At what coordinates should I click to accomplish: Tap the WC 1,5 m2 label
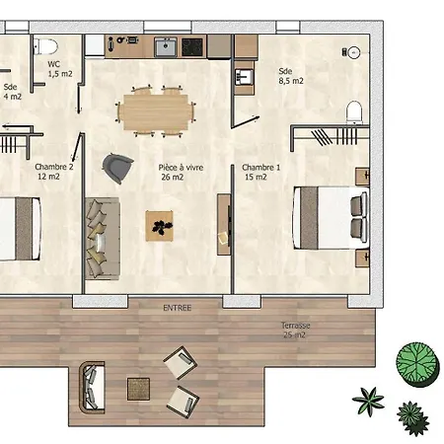tap(60, 68)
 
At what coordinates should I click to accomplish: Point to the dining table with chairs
tap(154, 109)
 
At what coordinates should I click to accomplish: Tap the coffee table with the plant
tap(159, 225)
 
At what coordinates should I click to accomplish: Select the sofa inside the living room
tap(101, 237)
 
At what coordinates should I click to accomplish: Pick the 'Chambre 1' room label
tap(260, 172)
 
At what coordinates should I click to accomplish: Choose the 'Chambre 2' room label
tap(54, 172)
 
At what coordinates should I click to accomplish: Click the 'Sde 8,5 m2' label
tap(290, 77)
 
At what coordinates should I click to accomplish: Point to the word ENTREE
tap(178, 308)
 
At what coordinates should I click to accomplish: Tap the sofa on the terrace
tap(92, 386)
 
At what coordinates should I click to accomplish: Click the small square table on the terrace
tap(139, 389)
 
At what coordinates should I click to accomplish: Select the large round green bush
tap(416, 362)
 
